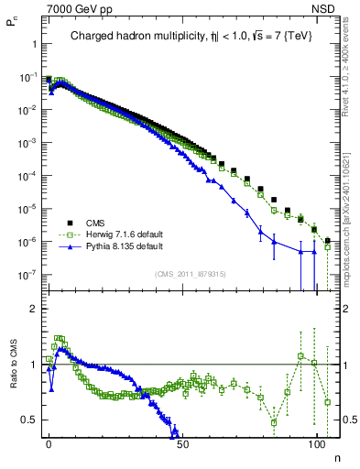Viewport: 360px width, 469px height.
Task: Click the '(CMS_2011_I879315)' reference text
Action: (x=191, y=275)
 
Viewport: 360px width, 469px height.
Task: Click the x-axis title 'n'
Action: (x=337, y=455)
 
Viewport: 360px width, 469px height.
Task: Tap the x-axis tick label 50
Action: (x=182, y=443)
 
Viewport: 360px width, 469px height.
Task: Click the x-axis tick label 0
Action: (x=49, y=443)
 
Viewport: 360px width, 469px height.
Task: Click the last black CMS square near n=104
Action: (x=328, y=241)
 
